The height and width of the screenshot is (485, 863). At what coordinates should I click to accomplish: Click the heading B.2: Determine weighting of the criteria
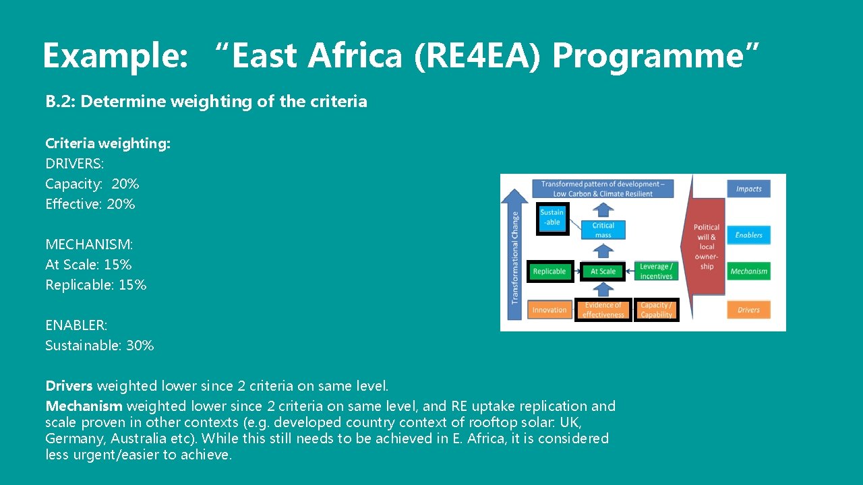click(206, 102)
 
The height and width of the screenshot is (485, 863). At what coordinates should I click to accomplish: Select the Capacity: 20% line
click(92, 184)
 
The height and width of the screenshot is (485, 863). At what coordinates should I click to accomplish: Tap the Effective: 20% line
click(90, 204)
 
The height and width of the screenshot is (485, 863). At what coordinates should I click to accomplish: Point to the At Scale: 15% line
click(88, 265)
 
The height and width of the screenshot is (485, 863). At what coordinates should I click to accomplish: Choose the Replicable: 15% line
click(96, 285)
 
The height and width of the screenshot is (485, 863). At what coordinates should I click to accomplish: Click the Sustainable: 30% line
click(99, 346)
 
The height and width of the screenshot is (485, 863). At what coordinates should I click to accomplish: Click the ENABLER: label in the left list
click(76, 325)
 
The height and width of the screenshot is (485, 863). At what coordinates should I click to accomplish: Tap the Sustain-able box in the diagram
click(552, 218)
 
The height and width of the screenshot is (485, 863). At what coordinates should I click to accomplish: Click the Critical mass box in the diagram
click(603, 230)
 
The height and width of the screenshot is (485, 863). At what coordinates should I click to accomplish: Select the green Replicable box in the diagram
click(549, 271)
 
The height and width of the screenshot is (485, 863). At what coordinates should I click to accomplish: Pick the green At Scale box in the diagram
click(603, 271)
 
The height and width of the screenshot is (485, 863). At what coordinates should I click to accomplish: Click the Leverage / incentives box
click(656, 271)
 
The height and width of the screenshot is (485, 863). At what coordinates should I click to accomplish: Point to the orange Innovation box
click(549, 310)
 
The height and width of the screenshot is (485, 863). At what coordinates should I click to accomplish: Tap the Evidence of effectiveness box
click(603, 310)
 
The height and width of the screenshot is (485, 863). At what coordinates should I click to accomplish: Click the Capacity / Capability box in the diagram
click(656, 310)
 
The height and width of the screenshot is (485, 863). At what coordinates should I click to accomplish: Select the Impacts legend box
click(748, 189)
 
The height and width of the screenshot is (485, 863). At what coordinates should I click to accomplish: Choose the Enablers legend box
click(748, 235)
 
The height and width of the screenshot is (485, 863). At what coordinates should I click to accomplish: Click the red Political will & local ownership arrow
click(706, 247)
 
